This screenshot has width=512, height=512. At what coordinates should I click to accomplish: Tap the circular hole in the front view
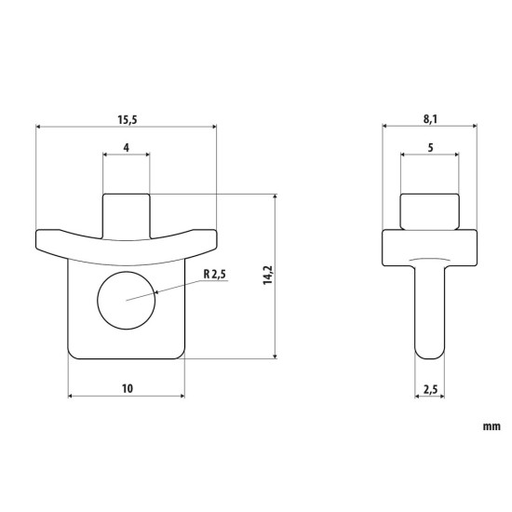tap(125, 302)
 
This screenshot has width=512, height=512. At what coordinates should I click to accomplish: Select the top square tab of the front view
tap(126, 212)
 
